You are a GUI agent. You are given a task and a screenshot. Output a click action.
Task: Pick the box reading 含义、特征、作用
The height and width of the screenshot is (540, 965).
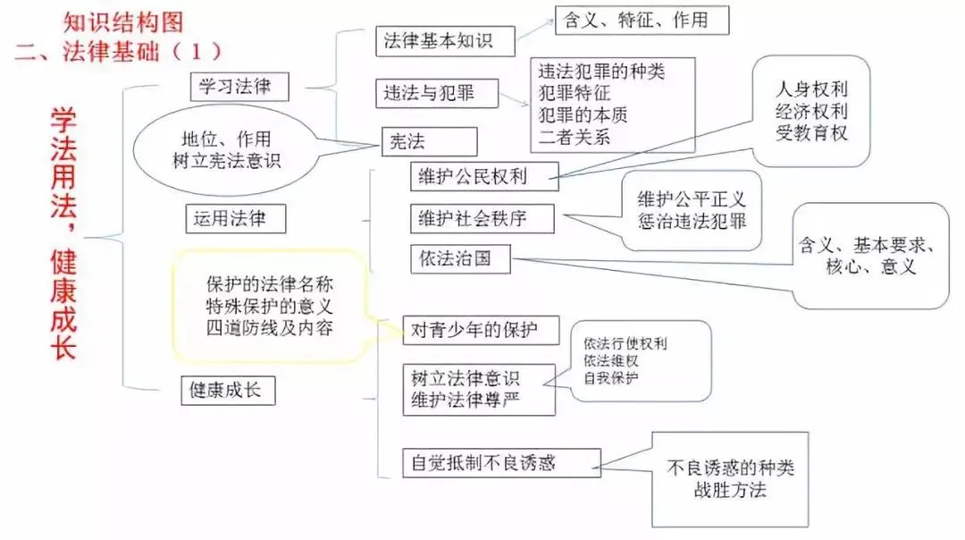642,20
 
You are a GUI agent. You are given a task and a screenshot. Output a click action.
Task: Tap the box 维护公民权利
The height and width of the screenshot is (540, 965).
483,176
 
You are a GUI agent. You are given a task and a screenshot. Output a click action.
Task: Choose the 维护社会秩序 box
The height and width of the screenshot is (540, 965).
482,218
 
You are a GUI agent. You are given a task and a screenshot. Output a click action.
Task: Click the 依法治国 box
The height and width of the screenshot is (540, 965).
461,259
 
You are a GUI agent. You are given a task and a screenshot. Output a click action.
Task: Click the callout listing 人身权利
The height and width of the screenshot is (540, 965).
811,112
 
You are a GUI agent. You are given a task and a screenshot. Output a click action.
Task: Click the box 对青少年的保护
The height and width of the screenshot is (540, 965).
481,329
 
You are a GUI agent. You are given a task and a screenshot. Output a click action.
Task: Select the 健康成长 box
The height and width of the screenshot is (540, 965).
227,390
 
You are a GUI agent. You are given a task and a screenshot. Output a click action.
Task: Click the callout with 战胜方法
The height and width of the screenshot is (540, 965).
729,478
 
